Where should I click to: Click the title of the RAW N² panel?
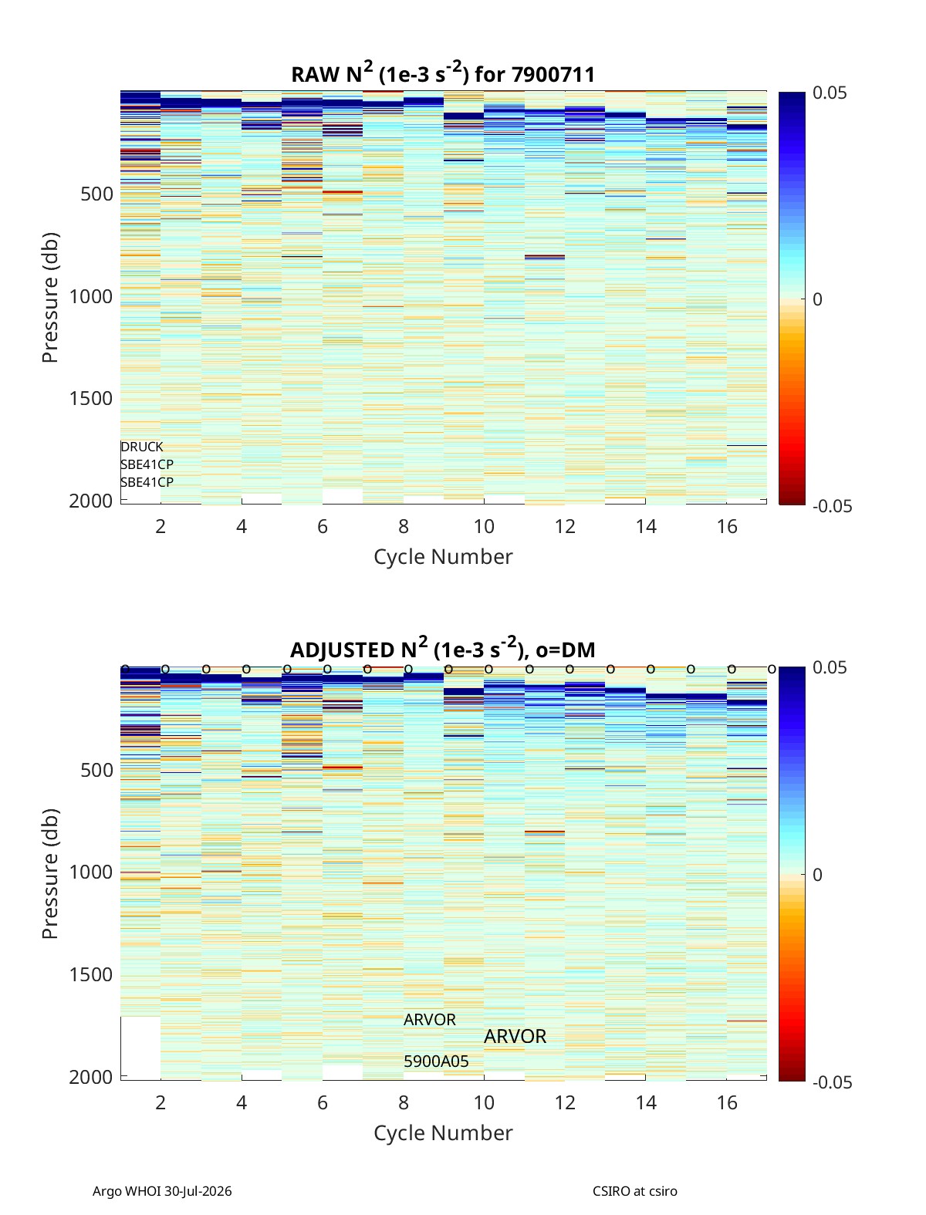coord(443,73)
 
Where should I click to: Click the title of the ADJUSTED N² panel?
coord(443,648)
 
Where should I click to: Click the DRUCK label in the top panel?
coord(142,447)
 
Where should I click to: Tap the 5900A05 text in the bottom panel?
coord(436,1061)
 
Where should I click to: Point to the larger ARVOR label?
coord(515,1036)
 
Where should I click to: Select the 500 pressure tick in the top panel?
coord(96,194)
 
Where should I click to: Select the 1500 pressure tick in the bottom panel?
coord(91,975)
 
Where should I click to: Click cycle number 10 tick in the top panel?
coord(484,526)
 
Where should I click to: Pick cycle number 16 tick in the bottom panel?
coord(727,1102)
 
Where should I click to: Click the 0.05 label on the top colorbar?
coord(829,93)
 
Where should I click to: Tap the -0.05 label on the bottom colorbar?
coord(832,1082)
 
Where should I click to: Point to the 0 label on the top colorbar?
coord(817,299)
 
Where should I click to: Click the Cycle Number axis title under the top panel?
coord(443,557)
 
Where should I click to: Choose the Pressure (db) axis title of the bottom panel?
coord(50,873)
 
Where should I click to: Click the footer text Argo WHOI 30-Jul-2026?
coord(162,1190)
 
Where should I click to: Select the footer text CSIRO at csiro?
coord(635,1190)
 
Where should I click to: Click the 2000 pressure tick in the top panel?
coord(91,501)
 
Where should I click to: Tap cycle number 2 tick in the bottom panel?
coord(161,1102)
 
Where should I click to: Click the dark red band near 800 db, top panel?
coord(545,257)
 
